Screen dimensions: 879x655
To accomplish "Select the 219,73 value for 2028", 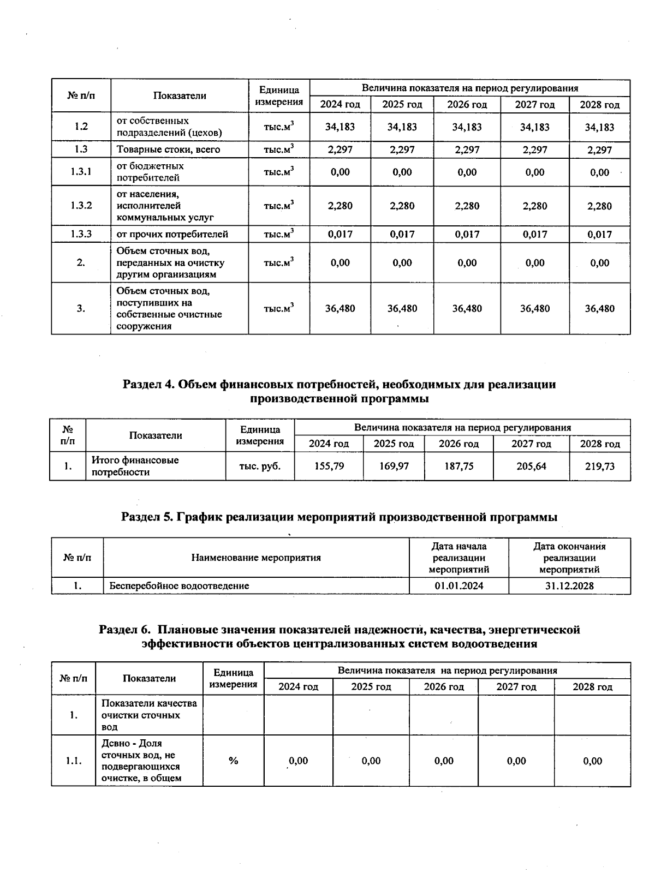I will pos(599,467).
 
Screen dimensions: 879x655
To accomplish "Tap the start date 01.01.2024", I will pos(458,586).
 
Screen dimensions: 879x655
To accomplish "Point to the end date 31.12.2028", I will pos(569,586).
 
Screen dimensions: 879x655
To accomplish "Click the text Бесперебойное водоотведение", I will pos(179,586).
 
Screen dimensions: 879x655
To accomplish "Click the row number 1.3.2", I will pos(81,206).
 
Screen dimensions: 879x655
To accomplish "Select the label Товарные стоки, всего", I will pos(168,150).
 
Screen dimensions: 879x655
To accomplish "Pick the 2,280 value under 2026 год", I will pos(467,206).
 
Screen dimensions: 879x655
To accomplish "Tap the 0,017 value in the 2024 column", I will pos(340,235).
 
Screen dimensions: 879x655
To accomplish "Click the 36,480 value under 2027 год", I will pos(534,309).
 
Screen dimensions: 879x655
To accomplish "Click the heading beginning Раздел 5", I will pos(338,517).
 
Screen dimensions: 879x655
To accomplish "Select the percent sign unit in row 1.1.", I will pos(233,761).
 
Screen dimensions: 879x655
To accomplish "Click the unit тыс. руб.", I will pos(260,467).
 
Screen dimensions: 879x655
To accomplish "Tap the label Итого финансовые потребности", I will pos(135,467).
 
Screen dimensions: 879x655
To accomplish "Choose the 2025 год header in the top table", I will pos(402,105).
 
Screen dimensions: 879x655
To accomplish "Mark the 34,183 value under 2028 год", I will pos(599,127).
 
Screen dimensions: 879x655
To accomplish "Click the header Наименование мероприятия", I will pos(255,558).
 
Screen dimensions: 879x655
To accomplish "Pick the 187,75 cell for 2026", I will pos(458,467).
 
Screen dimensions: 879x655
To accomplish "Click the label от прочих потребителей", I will pos(172,235).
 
